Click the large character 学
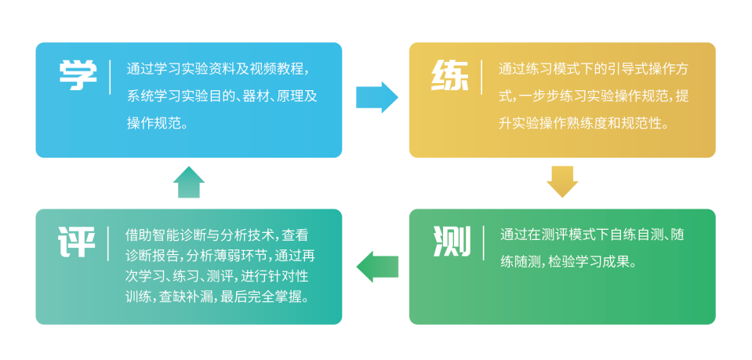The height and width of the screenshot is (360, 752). (x=78, y=76)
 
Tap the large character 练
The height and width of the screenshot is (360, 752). (x=450, y=76)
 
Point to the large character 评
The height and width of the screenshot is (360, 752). (x=77, y=242)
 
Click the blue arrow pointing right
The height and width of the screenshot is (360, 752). (x=377, y=97)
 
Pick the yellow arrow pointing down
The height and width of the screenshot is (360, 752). (x=562, y=182)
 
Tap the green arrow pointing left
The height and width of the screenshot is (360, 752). (x=377, y=267)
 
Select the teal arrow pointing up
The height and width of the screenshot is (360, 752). (x=189, y=182)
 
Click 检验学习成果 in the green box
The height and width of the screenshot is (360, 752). (x=590, y=263)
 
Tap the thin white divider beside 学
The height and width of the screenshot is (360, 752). (x=111, y=77)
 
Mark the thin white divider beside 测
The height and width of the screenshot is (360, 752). (x=483, y=242)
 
